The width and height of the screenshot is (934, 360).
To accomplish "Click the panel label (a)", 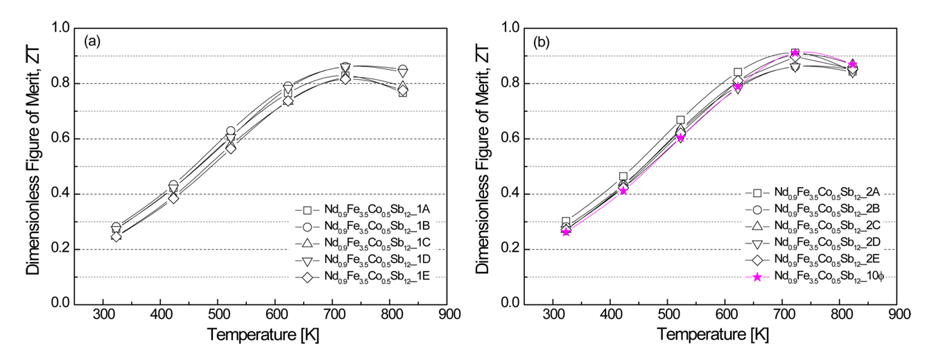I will pyautogui.click(x=92, y=42).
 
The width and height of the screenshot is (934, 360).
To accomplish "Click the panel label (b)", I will pyautogui.click(x=542, y=42).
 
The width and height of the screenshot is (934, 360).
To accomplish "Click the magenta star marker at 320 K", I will pyautogui.click(x=566, y=232).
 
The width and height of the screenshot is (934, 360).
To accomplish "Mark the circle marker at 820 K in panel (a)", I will pyautogui.click(x=402, y=70).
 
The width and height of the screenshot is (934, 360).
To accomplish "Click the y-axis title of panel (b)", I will pyautogui.click(x=481, y=165).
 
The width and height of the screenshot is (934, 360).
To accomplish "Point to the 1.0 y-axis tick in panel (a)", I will pyautogui.click(x=61, y=28).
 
